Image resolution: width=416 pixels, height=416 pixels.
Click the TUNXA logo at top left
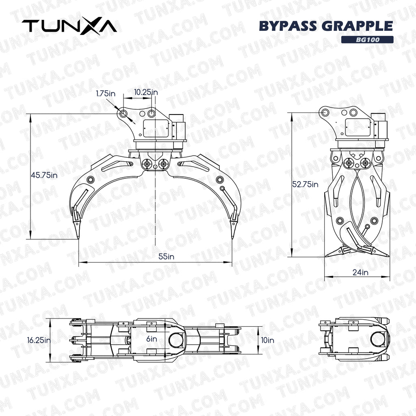(69, 26)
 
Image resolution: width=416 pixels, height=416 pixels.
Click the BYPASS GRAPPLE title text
(326, 26)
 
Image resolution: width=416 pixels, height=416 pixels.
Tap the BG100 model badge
(367, 40)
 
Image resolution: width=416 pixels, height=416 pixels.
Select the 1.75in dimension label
(105, 93)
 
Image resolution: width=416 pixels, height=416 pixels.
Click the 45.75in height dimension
(44, 175)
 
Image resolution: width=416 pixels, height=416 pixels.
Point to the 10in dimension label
(268, 340)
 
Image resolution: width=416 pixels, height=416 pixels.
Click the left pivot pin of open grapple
(146, 165)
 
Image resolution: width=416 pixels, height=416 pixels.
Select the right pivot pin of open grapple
(164, 165)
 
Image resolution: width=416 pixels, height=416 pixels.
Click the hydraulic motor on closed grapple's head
(379, 127)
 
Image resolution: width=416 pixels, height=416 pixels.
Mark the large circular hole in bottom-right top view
(378, 338)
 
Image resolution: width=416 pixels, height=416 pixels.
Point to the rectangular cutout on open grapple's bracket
(156, 128)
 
